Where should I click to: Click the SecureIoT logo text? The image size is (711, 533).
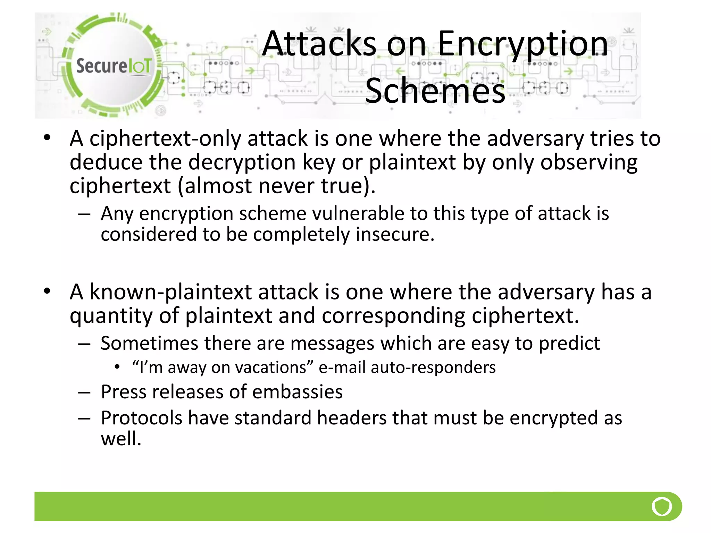coord(114,66)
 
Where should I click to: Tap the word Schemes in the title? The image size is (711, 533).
coord(435,91)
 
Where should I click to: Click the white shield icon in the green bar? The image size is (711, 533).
coord(662,506)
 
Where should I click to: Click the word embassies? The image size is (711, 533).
coord(298,392)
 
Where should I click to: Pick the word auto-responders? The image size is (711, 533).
coord(433,367)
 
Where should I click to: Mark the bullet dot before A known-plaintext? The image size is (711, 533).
coord(47,291)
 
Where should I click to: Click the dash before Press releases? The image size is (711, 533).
coord(84,392)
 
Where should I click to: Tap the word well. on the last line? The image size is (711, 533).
coord(121,439)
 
